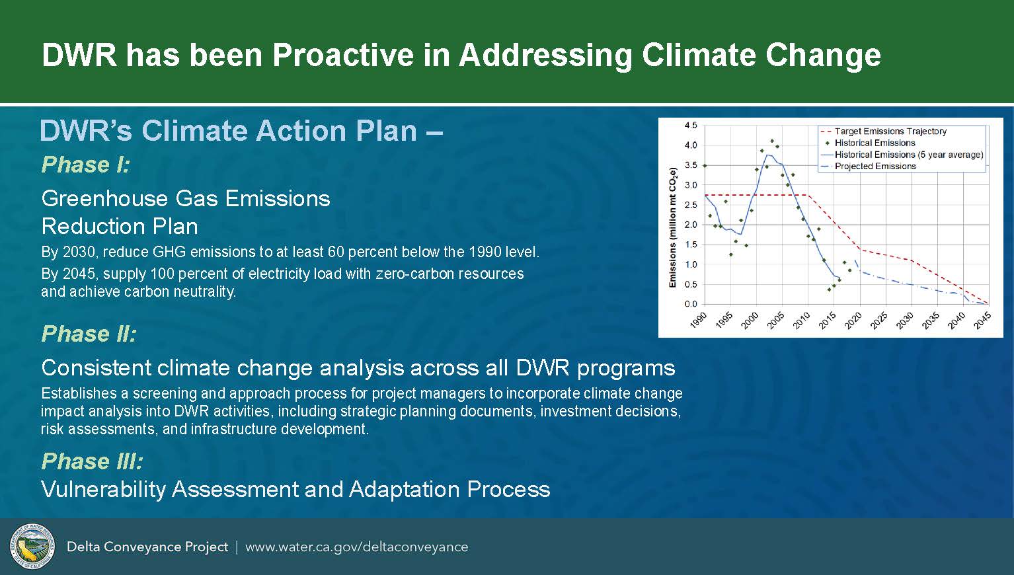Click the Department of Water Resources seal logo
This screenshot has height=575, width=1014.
pos(32,547)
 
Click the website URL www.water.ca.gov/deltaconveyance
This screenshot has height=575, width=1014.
pos(357,547)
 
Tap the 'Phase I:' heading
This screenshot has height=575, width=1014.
pos(86,165)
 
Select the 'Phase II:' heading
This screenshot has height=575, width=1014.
pos(89,334)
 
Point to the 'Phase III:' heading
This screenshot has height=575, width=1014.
pos(93,461)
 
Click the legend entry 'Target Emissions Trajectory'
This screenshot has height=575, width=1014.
pos(890,132)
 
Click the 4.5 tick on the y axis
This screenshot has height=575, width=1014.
pos(691,126)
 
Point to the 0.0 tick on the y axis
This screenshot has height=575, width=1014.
pos(691,304)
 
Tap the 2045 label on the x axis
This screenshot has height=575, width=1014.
pos(983,321)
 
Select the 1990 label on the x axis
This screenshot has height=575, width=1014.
pos(699,321)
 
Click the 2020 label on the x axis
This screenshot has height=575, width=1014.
pos(853,321)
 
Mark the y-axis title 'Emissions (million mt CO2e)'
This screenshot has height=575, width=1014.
pos(673,227)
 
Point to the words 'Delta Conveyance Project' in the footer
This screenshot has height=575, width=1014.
pos(147,547)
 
